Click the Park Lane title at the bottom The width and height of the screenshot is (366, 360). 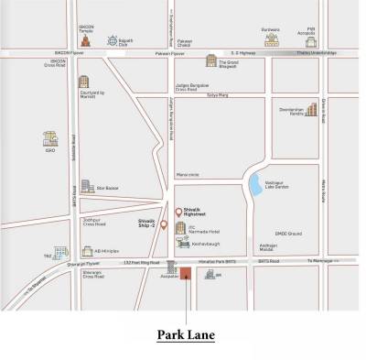tap(186, 335)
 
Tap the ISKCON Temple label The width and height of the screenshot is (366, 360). tap(87, 28)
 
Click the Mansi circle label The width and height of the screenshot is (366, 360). tap(188, 172)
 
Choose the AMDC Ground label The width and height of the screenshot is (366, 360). tap(275, 235)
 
